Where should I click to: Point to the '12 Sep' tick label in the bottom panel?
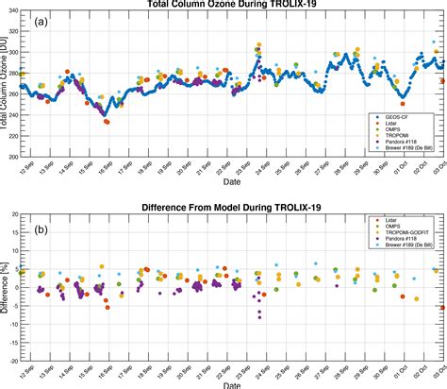27,373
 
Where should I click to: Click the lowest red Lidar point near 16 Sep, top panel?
107,122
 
